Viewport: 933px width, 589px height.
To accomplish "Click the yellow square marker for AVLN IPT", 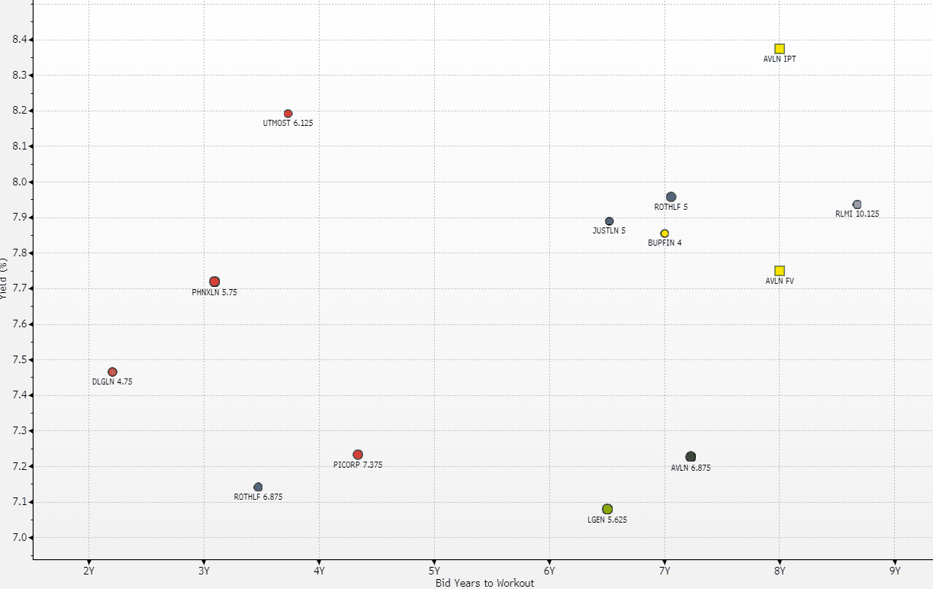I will point(780,49).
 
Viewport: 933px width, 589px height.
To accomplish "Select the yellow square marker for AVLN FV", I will point(780,271).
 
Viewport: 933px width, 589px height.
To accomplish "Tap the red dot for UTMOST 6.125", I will point(288,114).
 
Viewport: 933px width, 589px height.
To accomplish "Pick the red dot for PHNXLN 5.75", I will point(214,282).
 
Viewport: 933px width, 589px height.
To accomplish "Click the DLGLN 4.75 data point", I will point(112,372).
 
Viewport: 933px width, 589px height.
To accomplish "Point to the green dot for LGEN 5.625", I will point(607,509).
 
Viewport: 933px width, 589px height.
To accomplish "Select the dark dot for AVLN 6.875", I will point(690,457).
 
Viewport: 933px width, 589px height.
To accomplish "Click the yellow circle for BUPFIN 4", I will point(664,233).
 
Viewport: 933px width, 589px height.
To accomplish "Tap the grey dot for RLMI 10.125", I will point(857,204).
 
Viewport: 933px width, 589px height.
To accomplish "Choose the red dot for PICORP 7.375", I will point(358,455).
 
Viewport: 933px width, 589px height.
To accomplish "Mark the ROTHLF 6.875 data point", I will point(258,487).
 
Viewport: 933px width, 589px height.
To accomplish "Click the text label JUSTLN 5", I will point(609,230).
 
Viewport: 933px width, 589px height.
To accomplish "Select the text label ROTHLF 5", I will point(671,207).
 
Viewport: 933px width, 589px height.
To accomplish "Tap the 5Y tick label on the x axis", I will point(434,570).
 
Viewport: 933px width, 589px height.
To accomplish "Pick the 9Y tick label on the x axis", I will point(895,570).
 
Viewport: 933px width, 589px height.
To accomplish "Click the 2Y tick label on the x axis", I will point(89,570).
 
